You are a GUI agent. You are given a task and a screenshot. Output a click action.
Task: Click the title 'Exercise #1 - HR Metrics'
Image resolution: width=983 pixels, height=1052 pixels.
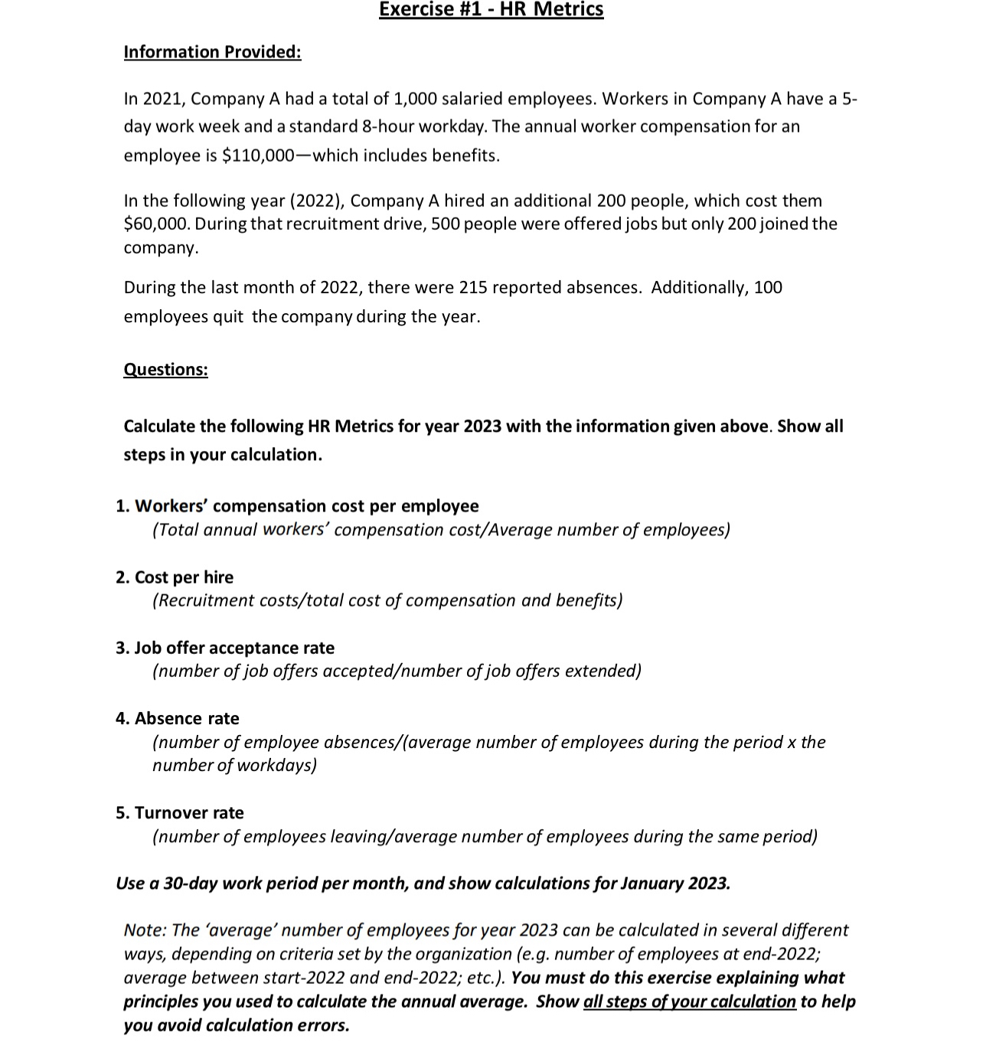[491, 10]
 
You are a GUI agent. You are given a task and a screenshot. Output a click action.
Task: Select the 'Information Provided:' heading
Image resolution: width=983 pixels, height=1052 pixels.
[212, 52]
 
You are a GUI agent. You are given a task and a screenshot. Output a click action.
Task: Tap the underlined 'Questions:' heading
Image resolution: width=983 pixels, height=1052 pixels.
[165, 369]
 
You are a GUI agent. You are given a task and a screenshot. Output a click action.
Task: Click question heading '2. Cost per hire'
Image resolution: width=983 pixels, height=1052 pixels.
[175, 577]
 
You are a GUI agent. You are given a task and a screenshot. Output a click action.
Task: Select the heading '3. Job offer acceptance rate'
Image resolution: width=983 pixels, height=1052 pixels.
[225, 648]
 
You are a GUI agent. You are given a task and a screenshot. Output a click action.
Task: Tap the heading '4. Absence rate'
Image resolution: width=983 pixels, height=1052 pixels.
[178, 718]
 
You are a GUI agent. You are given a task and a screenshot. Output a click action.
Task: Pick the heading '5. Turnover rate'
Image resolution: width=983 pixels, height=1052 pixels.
[180, 812]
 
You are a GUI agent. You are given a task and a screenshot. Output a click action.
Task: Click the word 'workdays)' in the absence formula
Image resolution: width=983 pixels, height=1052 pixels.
[276, 765]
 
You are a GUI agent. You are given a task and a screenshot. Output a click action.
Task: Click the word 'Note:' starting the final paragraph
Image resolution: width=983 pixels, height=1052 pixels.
[145, 930]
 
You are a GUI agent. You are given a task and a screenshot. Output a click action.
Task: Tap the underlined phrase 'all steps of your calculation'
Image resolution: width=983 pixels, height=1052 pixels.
[689, 1001]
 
